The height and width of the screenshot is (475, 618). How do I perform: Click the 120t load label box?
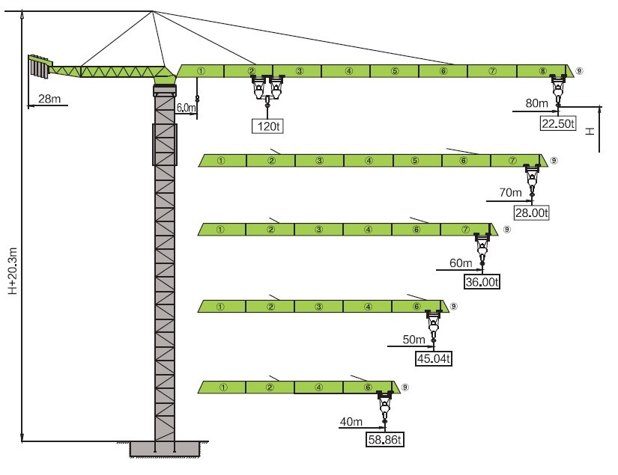267,126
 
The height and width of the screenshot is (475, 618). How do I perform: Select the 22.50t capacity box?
557,123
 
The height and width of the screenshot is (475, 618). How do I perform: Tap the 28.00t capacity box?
531,213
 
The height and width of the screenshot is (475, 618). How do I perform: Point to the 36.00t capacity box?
482,282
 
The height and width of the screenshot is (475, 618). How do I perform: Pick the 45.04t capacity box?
434,358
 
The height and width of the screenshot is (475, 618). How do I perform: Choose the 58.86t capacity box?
385,439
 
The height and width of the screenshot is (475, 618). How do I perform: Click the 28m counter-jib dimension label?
49,99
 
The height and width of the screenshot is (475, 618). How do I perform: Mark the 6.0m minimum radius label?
186,108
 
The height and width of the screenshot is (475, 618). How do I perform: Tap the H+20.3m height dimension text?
13,271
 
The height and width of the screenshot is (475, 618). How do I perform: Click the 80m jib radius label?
536,103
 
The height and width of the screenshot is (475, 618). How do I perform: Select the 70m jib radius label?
510,192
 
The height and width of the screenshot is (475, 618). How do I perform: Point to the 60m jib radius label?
461,263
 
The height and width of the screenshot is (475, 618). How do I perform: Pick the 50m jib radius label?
413,339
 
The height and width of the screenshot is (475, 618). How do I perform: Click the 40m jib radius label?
351,421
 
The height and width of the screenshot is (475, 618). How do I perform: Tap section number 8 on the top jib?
543,71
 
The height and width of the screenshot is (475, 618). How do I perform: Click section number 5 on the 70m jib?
415,161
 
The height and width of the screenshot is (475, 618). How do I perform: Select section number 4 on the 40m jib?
318,387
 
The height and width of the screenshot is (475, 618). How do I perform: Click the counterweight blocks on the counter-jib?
39,67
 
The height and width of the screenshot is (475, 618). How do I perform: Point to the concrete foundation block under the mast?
165,449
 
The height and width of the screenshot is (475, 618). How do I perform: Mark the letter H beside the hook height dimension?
590,131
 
